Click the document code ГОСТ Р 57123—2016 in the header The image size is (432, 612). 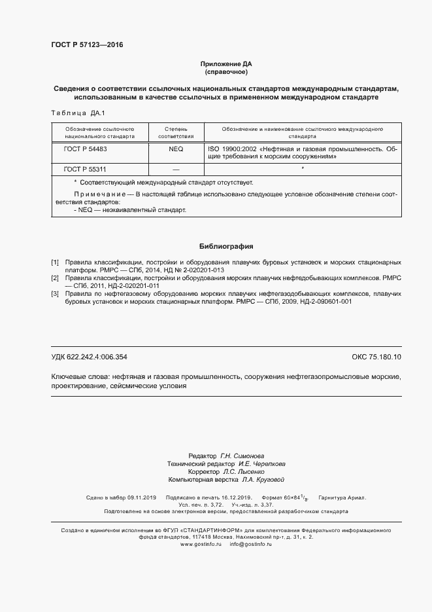tap(87, 45)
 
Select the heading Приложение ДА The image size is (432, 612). tap(225, 64)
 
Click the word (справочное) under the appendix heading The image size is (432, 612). tap(225, 72)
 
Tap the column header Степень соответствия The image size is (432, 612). tap(176, 133)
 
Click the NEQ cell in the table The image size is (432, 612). tap(176, 149)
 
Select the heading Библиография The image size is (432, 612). tap(225, 246)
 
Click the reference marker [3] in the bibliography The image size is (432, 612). tap(55, 294)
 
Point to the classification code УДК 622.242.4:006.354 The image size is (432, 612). tap(89, 357)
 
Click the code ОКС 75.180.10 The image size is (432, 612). tap(376, 357)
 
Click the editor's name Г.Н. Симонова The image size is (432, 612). tap(242, 456)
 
